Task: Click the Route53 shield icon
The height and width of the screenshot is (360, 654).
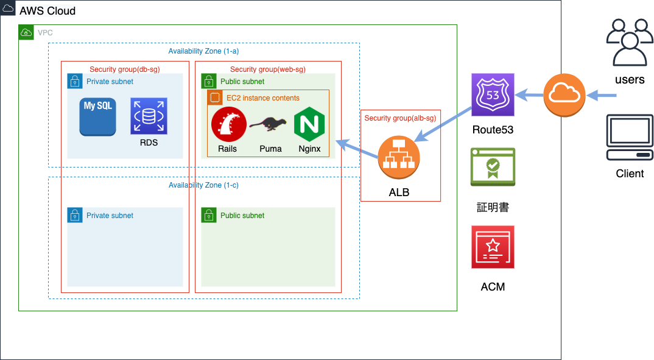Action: click(x=493, y=95)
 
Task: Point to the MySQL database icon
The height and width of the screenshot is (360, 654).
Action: click(x=98, y=116)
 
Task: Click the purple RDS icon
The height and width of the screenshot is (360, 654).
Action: click(x=149, y=116)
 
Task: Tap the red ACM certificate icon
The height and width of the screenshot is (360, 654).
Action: click(x=493, y=247)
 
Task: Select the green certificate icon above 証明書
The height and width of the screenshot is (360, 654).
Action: click(x=493, y=167)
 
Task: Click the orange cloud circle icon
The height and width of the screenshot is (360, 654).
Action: click(x=564, y=95)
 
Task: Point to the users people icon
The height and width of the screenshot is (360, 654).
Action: click(x=629, y=42)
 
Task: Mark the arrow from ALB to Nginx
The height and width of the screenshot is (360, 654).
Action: click(x=359, y=150)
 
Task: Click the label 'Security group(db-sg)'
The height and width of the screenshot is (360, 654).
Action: click(x=125, y=69)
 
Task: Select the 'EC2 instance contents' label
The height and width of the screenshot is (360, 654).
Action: click(x=263, y=98)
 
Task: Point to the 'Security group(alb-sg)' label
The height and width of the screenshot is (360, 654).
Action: click(x=400, y=118)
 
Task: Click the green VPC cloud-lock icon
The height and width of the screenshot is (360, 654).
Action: click(x=26, y=32)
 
